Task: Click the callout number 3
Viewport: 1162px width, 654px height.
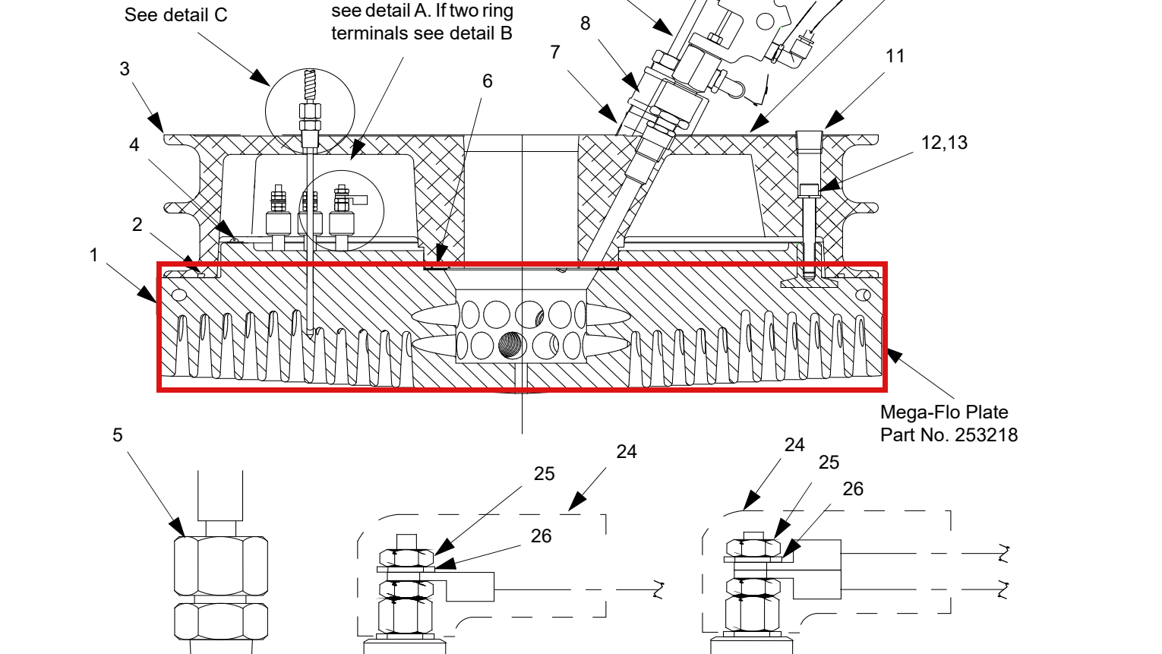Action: tap(125, 69)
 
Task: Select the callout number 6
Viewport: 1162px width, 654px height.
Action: tap(487, 81)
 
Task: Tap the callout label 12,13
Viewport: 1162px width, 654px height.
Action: tap(944, 143)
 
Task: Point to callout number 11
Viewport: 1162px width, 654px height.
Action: tap(895, 56)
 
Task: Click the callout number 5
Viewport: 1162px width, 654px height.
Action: tap(118, 435)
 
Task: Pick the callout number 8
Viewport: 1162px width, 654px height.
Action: tap(585, 24)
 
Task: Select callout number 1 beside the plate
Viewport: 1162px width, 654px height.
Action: tap(93, 255)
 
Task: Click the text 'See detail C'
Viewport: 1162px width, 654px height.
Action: tap(176, 15)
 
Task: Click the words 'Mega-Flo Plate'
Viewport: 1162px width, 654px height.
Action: tap(944, 412)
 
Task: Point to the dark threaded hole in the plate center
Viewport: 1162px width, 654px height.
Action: tap(512, 346)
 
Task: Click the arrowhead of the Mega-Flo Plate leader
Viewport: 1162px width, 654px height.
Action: tap(895, 355)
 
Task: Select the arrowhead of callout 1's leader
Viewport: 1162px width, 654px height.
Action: tap(147, 294)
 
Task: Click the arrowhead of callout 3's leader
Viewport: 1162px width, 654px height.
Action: tap(156, 124)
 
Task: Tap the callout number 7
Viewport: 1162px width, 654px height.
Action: tap(555, 52)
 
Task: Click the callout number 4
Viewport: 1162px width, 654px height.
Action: tap(134, 145)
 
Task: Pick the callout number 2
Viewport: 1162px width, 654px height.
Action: tap(137, 225)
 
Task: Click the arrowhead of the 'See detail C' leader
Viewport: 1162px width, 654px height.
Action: tap(261, 78)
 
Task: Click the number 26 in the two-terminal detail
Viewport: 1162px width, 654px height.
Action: tap(853, 489)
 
